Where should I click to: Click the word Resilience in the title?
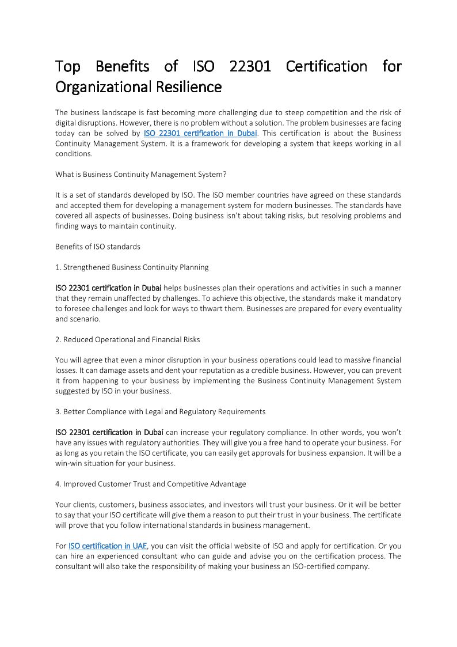(188, 87)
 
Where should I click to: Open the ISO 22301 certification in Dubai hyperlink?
(200, 134)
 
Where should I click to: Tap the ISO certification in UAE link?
(108, 546)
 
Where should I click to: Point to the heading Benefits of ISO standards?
(98, 247)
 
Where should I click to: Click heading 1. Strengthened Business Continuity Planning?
(132, 267)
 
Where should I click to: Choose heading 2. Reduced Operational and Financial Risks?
(127, 339)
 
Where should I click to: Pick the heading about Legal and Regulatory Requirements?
(160, 411)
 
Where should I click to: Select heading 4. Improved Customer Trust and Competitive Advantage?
(150, 483)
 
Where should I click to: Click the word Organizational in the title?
(101, 87)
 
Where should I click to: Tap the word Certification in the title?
(326, 66)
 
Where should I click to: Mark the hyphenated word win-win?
(71, 463)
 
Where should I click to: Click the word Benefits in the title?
(122, 66)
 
